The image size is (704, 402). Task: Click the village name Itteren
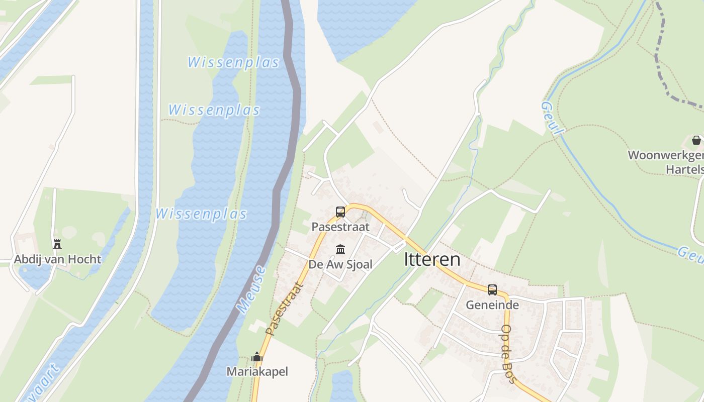pos(432,259)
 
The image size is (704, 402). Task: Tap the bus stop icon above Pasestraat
pos(340,212)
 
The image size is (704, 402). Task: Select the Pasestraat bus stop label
pos(340,227)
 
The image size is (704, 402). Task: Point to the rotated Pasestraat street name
pos(285,309)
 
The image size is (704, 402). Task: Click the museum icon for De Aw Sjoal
pos(340,249)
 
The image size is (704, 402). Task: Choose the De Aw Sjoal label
pos(340,264)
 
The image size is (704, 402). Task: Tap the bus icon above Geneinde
pos(492,290)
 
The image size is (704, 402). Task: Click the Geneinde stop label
pos(492,305)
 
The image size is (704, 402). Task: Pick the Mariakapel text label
pos(257,372)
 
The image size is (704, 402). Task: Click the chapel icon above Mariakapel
pos(257,357)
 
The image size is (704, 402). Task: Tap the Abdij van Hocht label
pos(57,259)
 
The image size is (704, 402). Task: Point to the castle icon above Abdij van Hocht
pos(57,244)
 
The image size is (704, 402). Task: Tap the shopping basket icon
pos(696,140)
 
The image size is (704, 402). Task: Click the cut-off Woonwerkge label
pos(665,155)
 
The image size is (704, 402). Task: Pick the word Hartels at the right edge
pos(684,169)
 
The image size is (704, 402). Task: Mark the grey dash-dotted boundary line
pos(662,60)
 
